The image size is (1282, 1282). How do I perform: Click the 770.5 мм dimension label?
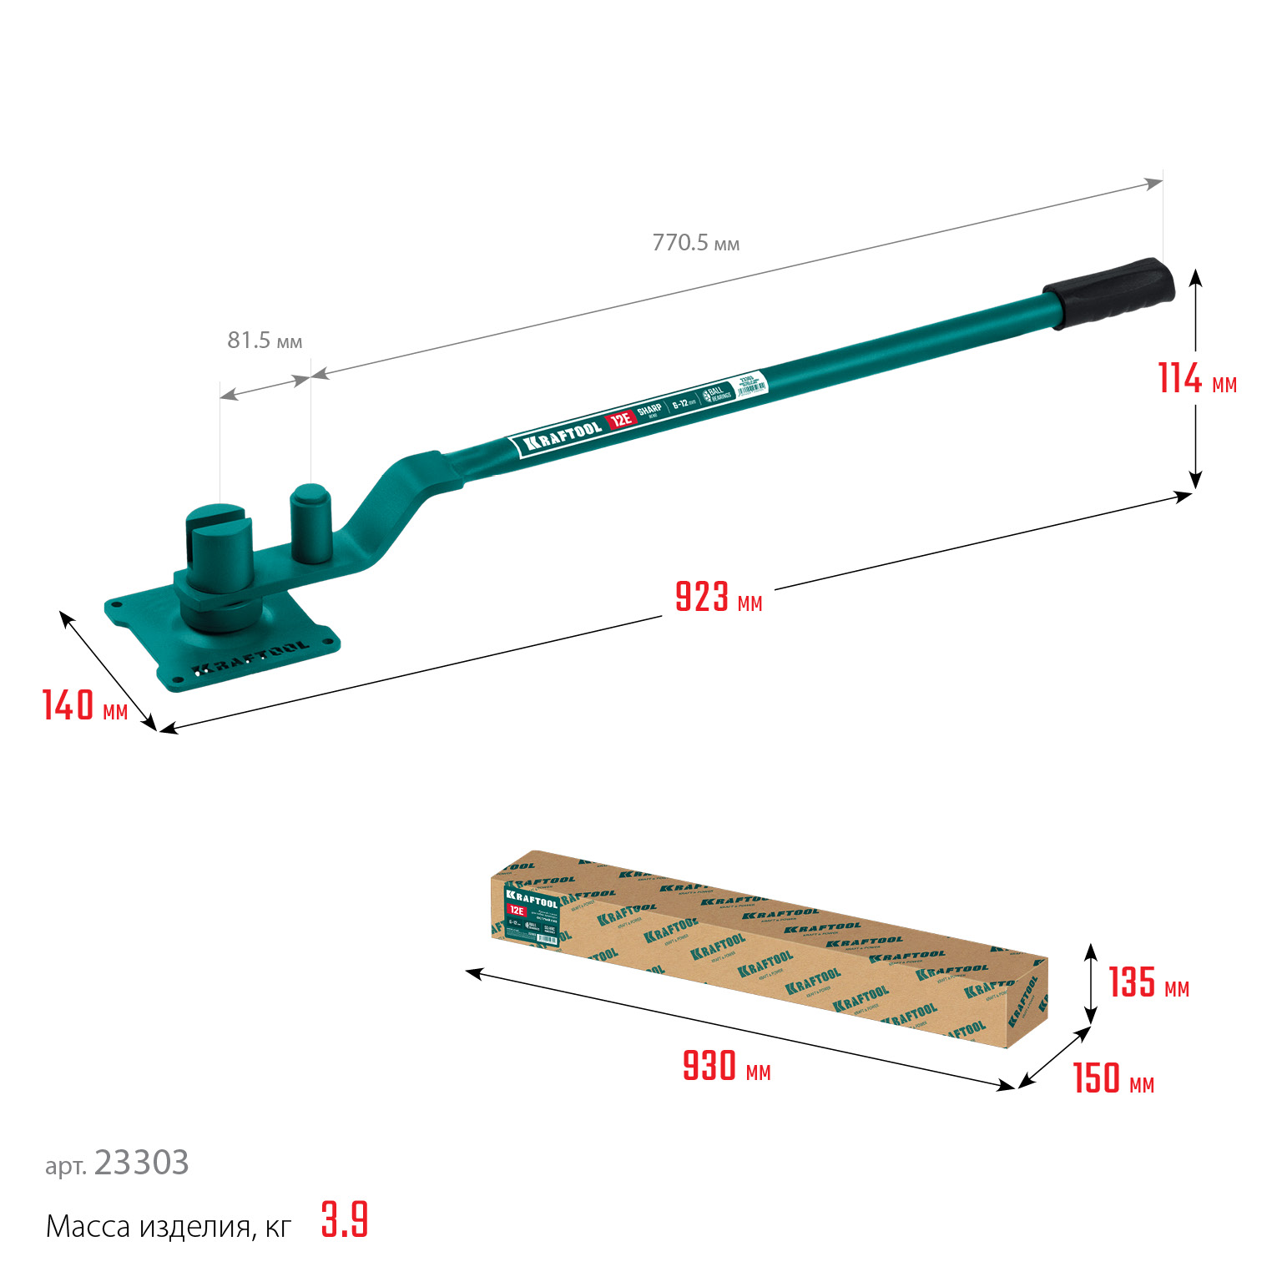695,243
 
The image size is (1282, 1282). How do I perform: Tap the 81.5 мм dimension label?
265,341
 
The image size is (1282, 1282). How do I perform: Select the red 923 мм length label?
718,598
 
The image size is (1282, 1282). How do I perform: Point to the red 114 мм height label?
1196,379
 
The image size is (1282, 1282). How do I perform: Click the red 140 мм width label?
84,705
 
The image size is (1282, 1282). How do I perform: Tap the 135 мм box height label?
1148,982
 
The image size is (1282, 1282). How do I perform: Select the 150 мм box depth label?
1113,1078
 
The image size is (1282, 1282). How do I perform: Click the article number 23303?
141,1163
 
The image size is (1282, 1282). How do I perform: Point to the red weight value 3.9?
344,1220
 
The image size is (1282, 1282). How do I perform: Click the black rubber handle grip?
1110,291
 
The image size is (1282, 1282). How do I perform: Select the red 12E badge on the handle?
620,420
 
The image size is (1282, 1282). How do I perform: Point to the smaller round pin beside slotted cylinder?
310,523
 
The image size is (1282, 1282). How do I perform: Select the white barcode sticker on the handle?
750,387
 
